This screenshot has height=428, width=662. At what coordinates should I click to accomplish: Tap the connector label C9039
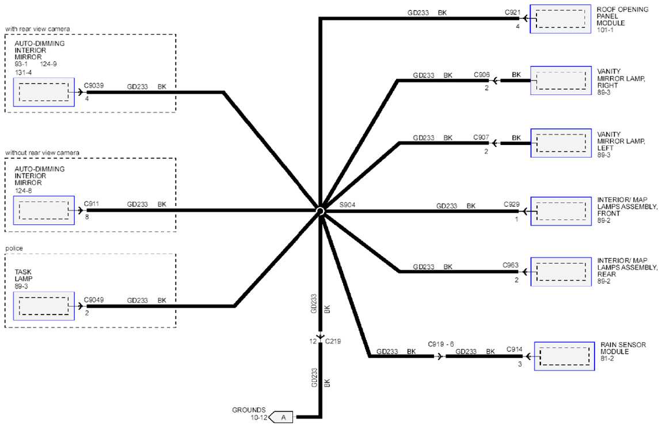pyautogui.click(x=94, y=86)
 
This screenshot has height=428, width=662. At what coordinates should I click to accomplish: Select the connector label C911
pyautogui.click(x=92, y=204)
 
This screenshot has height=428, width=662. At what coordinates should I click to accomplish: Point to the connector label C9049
pyautogui.click(x=94, y=300)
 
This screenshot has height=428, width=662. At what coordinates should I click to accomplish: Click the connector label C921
pyautogui.click(x=512, y=13)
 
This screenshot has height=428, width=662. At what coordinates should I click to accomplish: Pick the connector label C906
pyautogui.click(x=482, y=75)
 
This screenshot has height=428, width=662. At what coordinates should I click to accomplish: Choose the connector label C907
pyautogui.click(x=481, y=137)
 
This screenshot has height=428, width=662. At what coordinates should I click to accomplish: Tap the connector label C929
pyautogui.click(x=512, y=204)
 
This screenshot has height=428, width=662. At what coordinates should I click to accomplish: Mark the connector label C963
pyautogui.click(x=511, y=265)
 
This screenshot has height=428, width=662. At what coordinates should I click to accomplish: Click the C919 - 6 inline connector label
pyautogui.click(x=441, y=344)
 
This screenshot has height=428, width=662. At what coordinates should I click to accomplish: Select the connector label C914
pyautogui.click(x=514, y=349)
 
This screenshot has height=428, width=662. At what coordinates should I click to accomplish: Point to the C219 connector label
pyautogui.click(x=333, y=341)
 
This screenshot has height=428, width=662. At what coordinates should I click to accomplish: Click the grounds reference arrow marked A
pyautogui.click(x=281, y=418)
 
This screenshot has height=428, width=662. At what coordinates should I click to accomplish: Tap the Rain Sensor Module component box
pyautogui.click(x=565, y=356)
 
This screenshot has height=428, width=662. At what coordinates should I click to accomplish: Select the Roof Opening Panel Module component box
pyautogui.click(x=561, y=19)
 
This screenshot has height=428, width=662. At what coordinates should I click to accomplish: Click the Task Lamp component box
pyautogui.click(x=44, y=306)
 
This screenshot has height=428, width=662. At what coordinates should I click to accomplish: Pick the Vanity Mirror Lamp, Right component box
pyautogui.click(x=561, y=81)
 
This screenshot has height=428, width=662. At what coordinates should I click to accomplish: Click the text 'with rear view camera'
pyautogui.click(x=37, y=29)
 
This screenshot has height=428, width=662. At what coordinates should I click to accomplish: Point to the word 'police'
pyautogui.click(x=14, y=248)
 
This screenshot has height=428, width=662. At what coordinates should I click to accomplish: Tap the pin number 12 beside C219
pyautogui.click(x=313, y=341)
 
